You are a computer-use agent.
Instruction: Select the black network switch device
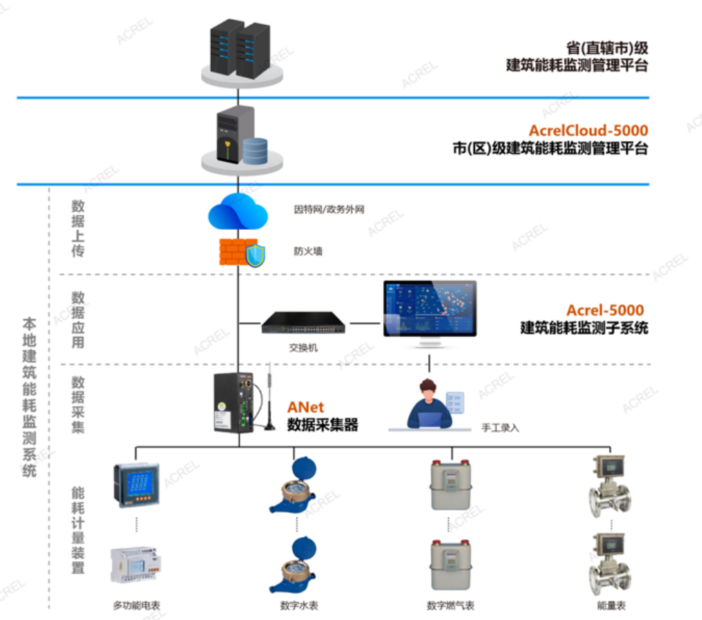click(x=304, y=323)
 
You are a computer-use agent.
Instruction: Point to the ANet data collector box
click(x=234, y=402)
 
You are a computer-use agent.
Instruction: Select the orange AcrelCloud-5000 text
click(x=588, y=131)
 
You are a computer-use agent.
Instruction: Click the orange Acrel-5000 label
click(x=605, y=310)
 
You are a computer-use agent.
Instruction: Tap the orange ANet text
click(x=305, y=407)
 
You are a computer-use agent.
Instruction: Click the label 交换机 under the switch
click(x=303, y=348)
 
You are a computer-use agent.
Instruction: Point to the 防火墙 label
click(x=307, y=251)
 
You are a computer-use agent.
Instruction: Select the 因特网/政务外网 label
click(x=329, y=209)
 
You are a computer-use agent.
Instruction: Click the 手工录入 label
click(x=500, y=428)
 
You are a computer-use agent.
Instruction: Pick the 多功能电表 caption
click(x=136, y=606)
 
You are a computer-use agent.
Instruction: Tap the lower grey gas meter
click(x=451, y=565)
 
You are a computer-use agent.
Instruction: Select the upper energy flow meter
click(x=609, y=486)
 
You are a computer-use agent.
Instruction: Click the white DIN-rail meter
click(x=135, y=564)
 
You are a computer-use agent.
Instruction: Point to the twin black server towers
click(x=241, y=48)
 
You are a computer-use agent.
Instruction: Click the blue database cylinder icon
click(x=256, y=150)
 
